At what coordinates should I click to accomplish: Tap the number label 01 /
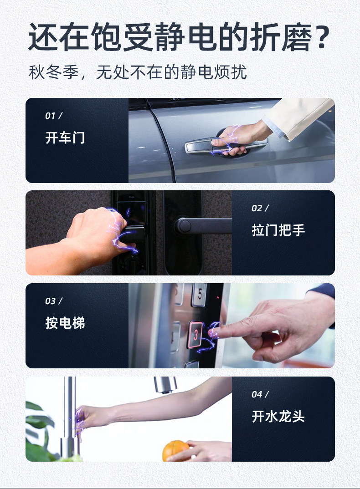coord(54,116)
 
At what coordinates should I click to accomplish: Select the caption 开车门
coord(65,138)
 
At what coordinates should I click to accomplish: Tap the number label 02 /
coord(260,209)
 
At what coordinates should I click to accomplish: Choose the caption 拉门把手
coord(278,230)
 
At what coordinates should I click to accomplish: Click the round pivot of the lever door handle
coord(184,226)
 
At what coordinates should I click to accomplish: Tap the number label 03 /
coord(54,301)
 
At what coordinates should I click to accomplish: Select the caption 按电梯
coord(65,323)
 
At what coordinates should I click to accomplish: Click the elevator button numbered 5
coord(199,295)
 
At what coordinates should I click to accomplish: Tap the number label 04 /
coord(260,394)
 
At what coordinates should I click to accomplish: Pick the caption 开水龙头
coord(278,416)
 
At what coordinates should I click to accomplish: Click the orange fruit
coord(175,451)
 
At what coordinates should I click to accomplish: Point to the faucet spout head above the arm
coord(165,385)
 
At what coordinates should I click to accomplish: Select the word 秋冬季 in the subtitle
coord(54,72)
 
